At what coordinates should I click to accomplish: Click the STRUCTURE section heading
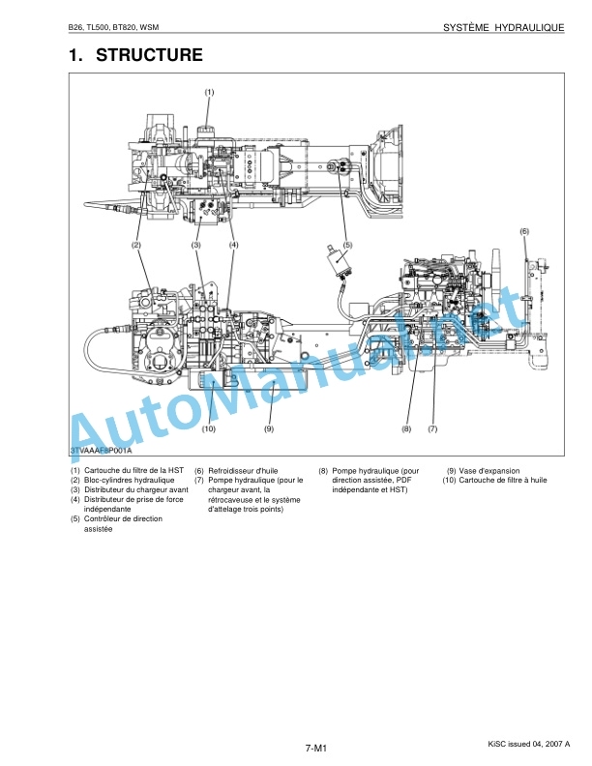coord(149,55)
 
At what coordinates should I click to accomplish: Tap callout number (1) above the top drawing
coord(209,92)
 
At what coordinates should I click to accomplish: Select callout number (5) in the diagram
coord(347,245)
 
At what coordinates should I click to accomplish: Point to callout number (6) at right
coord(524,231)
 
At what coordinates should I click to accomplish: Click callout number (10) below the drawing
coord(209,428)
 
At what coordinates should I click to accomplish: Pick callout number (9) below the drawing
coord(269,428)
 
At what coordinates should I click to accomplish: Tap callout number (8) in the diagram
coord(406,428)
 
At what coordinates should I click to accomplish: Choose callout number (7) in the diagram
coord(432,428)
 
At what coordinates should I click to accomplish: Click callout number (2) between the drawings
coord(136,245)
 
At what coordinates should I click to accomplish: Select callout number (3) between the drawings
coord(195,245)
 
